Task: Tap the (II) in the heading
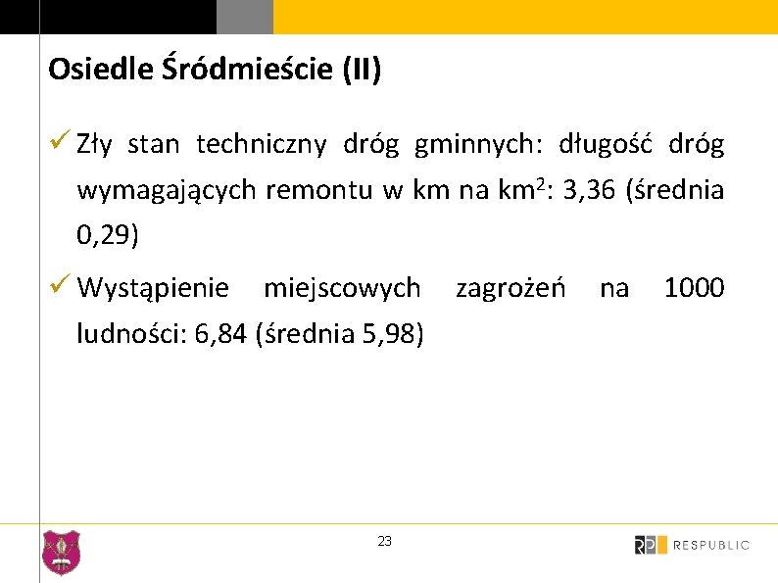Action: pos(361,70)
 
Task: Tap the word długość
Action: pos(607,145)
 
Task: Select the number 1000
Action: pos(694,288)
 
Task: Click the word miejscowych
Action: pos(342,288)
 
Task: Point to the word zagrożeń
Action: pos(511,288)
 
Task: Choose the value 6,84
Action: pos(221,335)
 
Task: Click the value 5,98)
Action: pos(393,335)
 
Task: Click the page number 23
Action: pos(384,541)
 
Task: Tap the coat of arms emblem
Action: pos(62,553)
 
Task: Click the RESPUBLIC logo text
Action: pos(711,545)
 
